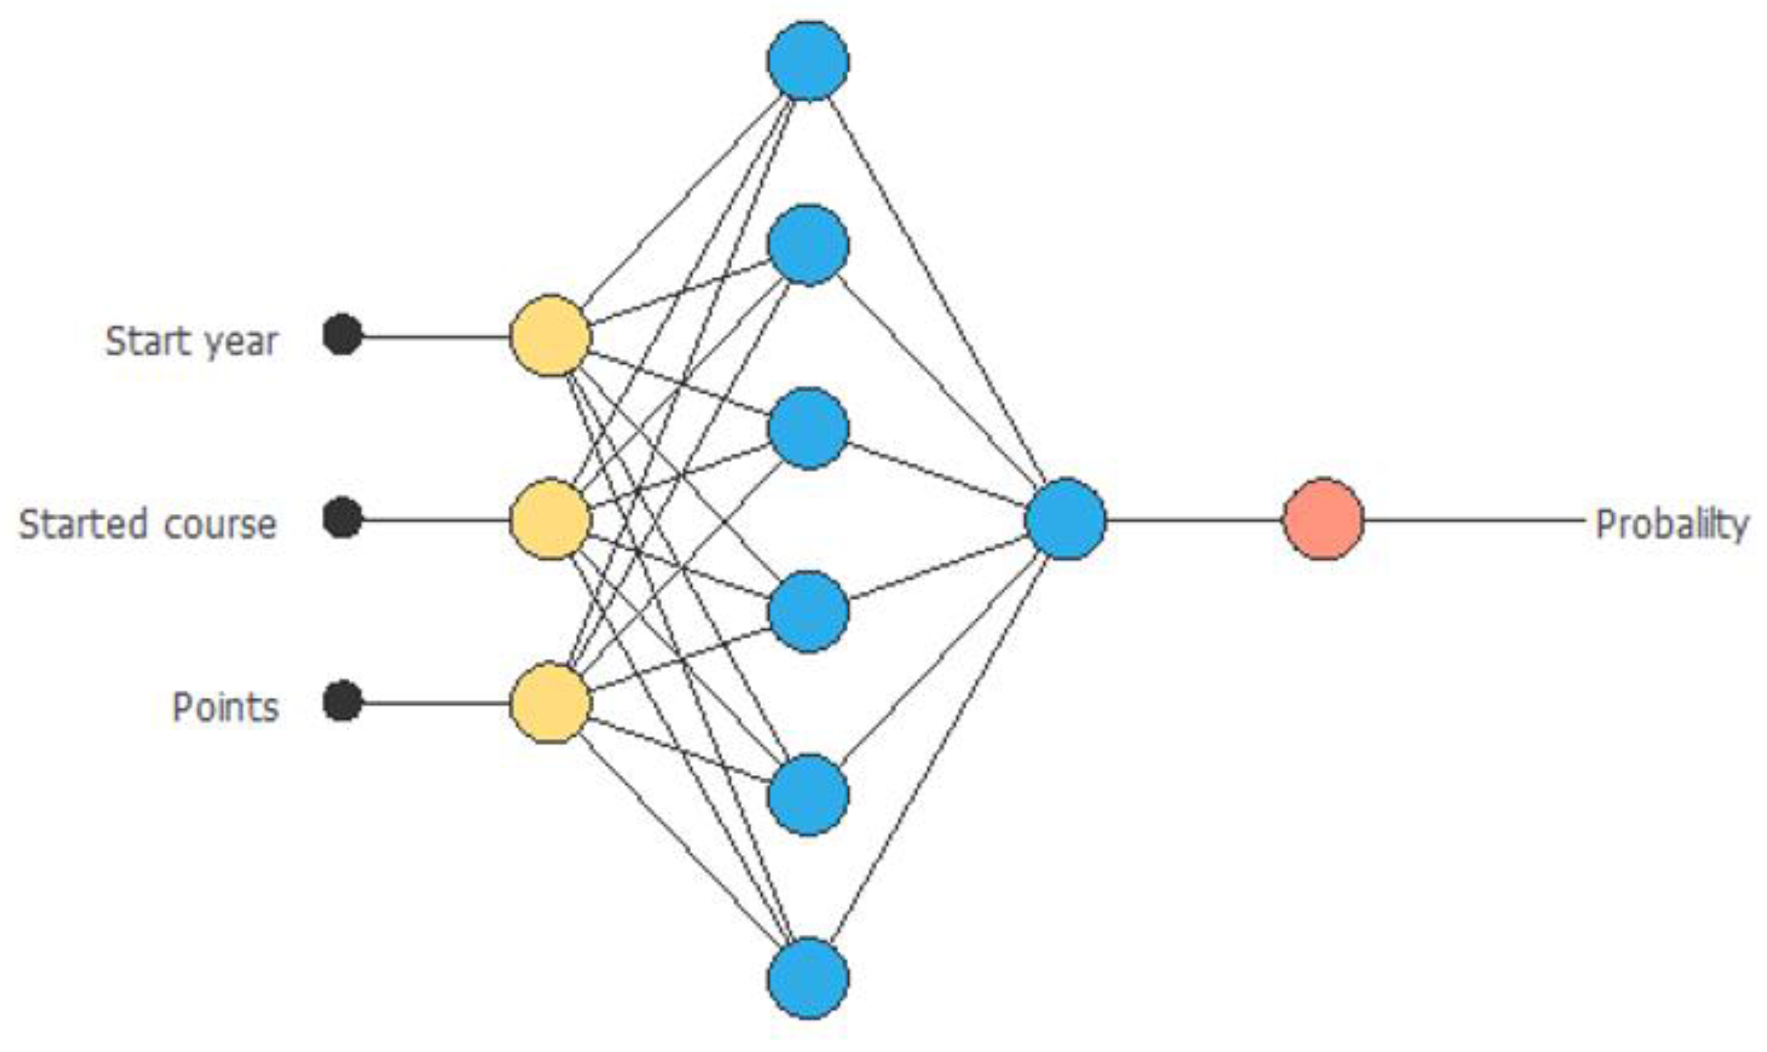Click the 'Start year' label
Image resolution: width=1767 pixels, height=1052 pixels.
191,341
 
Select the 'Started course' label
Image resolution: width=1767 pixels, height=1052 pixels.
147,524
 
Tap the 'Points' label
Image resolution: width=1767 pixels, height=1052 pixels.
226,708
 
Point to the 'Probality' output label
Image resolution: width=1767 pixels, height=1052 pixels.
1671,525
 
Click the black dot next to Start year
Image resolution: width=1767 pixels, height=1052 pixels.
342,335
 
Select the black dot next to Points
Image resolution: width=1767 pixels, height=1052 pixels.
342,701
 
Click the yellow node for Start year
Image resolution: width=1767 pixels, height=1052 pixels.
550,335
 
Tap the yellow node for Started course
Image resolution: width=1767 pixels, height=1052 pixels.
550,519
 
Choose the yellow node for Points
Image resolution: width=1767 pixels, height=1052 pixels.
550,703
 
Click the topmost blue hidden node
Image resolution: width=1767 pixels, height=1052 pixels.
808,61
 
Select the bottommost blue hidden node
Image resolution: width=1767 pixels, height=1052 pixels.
808,978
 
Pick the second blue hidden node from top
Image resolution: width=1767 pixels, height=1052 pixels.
808,244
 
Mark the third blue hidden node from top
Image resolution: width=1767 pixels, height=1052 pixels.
808,428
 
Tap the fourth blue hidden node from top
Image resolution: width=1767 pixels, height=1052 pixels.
808,611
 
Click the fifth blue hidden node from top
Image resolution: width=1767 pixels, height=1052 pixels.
808,794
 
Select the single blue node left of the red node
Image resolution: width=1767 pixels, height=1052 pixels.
1065,519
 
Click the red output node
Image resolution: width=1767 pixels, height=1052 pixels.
1323,519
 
